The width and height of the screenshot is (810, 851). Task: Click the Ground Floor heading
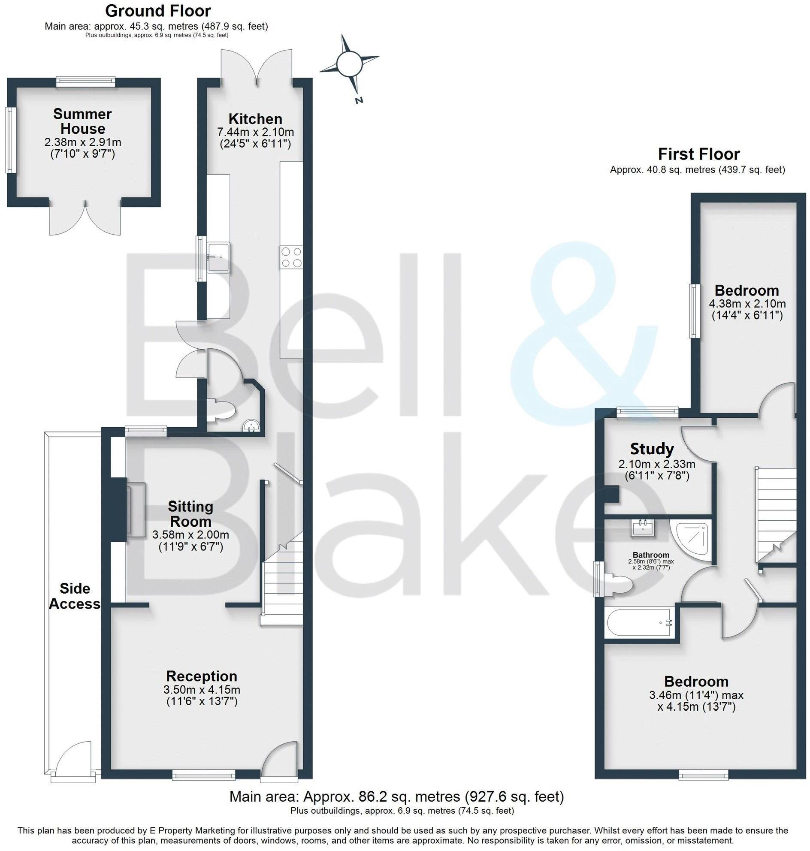point(158,11)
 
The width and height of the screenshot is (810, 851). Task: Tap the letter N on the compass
point(358,101)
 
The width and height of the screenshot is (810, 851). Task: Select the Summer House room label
point(82,121)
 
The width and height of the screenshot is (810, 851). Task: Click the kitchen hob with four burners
point(291,257)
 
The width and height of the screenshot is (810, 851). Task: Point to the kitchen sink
point(218,257)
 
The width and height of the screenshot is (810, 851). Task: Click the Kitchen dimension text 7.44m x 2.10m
point(256,132)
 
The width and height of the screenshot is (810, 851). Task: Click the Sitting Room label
point(190,513)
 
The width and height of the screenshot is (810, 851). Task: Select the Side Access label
point(75,596)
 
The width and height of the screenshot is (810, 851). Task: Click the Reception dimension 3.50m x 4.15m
point(202,690)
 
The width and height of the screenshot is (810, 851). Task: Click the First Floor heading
point(698,154)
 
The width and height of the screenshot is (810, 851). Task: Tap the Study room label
point(652,449)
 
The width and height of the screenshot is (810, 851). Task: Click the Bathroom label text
point(651,555)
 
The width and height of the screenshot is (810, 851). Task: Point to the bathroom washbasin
point(643,528)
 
